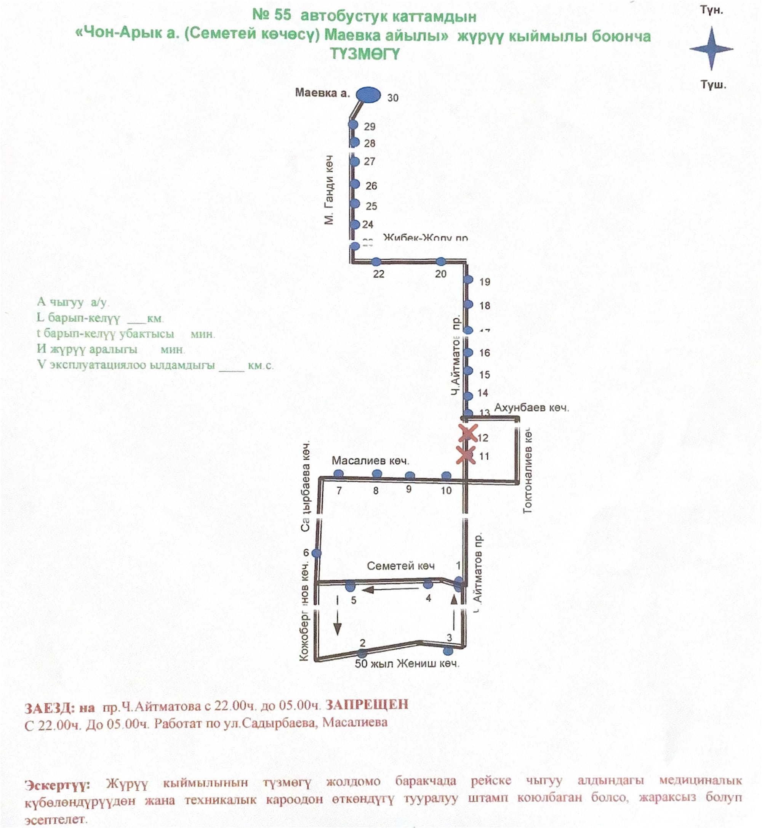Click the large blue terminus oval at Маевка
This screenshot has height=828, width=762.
(368, 95)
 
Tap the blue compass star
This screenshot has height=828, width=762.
(711, 49)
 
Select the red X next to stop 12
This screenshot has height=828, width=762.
(467, 433)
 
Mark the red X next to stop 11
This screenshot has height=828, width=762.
(466, 455)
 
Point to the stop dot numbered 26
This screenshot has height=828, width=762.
(355, 184)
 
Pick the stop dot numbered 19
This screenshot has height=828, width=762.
(468, 280)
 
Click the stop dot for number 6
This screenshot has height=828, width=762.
(316, 553)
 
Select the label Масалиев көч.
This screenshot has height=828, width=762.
(370, 461)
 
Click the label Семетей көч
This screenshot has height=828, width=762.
(400, 566)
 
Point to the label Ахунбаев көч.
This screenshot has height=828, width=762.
(531, 408)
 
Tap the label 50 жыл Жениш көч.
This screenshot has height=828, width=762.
(407, 664)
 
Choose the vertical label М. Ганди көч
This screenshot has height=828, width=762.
(329, 190)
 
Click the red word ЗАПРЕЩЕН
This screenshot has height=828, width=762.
(367, 704)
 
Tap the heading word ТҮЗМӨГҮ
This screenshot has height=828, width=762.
(365, 54)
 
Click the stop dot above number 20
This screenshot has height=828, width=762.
(441, 262)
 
